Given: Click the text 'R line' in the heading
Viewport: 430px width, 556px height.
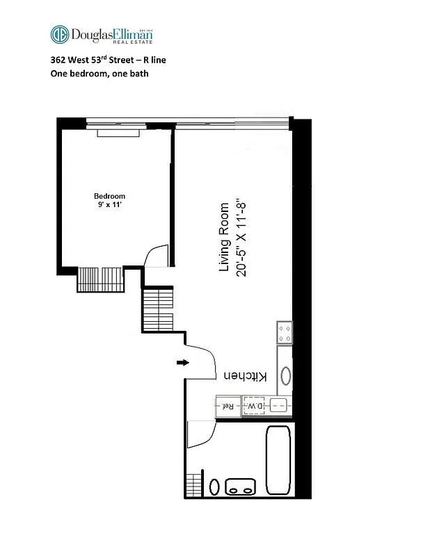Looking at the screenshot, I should point(154,60).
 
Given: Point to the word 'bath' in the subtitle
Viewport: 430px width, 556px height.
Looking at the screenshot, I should point(139,73).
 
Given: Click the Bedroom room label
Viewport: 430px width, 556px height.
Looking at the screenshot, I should point(110,197).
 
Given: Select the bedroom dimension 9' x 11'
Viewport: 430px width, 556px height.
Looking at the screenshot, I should point(110,206).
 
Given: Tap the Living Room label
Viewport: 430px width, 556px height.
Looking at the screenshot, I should point(225,237).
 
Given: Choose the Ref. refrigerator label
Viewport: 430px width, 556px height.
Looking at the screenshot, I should point(227,406).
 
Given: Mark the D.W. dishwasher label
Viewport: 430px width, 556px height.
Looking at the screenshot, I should point(256,406).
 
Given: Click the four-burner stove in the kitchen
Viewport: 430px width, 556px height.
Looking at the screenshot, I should point(284,332).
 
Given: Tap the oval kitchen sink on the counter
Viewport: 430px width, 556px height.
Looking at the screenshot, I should point(285,375).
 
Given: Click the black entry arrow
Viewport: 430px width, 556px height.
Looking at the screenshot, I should point(182,362).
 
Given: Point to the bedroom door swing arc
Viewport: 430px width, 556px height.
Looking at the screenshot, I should point(156,256).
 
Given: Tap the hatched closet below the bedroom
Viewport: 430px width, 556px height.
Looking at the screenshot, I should point(99,279).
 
